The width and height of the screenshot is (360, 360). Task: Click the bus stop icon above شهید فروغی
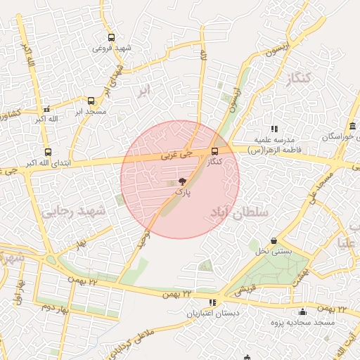tap(110, 38)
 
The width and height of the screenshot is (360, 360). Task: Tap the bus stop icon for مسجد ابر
tap(91, 101)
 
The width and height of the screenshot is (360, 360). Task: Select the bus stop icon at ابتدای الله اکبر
tap(48, 152)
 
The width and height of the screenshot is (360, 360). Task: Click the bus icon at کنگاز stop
tap(214, 150)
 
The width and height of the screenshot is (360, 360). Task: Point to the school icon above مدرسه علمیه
tap(274, 129)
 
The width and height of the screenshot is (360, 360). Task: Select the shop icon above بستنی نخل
tap(274, 240)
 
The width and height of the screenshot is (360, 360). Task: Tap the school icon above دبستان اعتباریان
tap(213, 302)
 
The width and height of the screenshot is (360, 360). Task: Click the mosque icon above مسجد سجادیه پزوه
tap(303, 311)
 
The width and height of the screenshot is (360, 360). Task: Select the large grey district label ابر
tap(143, 91)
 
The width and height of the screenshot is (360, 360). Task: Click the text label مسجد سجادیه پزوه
tap(295, 321)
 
